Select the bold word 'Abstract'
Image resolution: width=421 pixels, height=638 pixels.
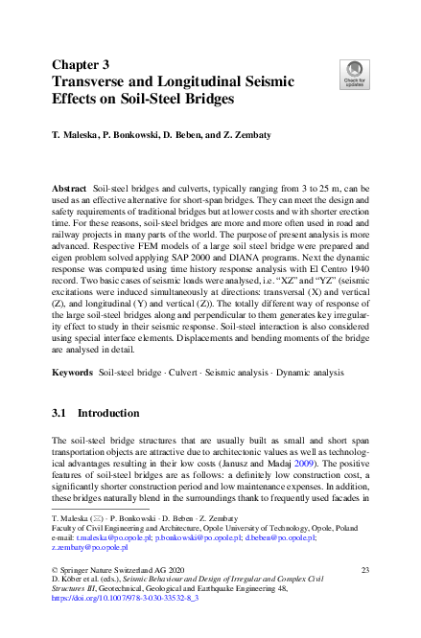[x=70, y=189]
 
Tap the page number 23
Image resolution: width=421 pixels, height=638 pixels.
[x=364, y=570]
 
